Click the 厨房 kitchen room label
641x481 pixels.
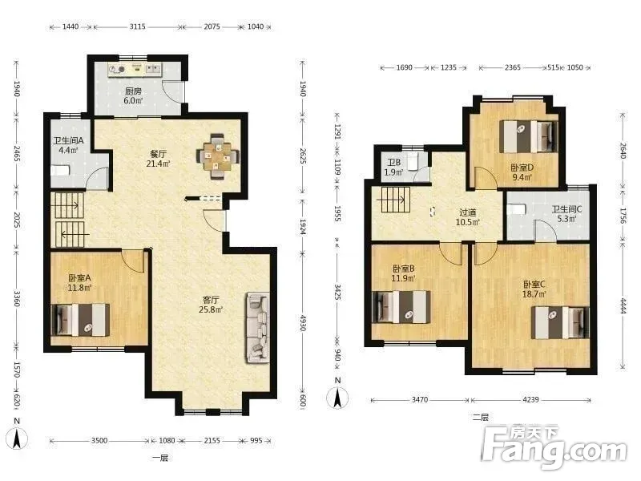click(134, 91)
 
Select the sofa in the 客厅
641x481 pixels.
click(257, 328)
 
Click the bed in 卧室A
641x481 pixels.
click(80, 319)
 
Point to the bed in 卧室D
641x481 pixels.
click(528, 136)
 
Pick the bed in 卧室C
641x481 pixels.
click(560, 323)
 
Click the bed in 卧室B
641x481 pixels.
click(402, 307)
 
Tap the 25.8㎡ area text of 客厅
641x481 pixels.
click(211, 309)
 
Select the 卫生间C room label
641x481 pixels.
click(567, 209)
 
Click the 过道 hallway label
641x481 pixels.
click(468, 212)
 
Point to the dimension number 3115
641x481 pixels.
click(137, 26)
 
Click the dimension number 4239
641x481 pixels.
click(530, 399)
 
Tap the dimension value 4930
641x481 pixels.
click(303, 323)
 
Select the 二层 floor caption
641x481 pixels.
click(481, 418)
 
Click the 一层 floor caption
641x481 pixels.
click(160, 458)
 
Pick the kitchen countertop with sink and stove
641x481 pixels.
click(135, 70)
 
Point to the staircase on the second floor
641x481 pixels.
click(396, 200)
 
